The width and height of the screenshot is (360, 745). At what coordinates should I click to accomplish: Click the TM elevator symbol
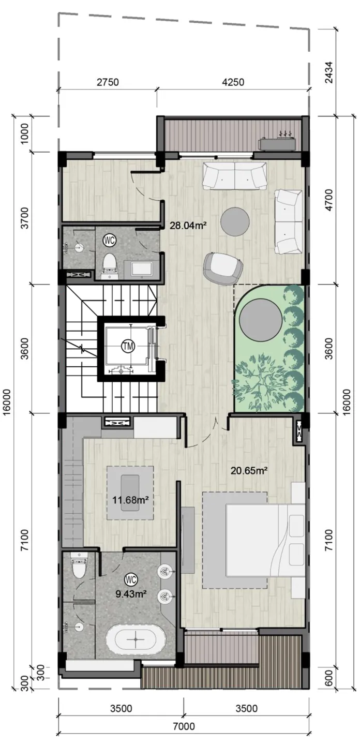coord(129,346)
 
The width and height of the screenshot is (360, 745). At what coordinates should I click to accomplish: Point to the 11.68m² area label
coord(130,499)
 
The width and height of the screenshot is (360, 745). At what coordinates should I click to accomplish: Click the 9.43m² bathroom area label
coord(131,593)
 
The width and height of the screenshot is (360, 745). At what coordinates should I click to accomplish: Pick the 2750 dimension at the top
coord(108,82)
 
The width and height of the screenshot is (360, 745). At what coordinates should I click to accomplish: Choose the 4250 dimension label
coord(233,82)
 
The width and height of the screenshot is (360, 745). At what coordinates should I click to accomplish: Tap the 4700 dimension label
coord(328,200)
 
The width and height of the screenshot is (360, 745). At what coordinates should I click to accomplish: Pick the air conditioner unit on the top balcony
coord(278,142)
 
